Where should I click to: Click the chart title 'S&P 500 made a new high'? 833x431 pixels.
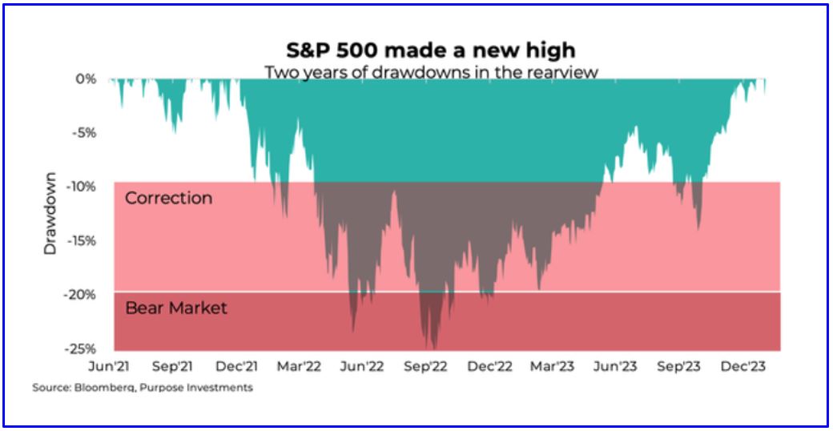point(431,50)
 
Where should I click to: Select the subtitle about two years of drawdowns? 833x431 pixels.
point(431,72)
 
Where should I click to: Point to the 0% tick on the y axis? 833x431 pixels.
point(86,79)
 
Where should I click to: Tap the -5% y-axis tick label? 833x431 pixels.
point(82,133)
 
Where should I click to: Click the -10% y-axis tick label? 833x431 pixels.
point(80,187)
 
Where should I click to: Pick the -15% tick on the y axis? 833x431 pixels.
point(80,241)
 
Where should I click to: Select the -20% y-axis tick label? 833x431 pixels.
point(80,295)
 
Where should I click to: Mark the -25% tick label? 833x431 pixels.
point(80,349)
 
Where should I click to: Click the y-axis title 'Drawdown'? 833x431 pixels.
point(50,213)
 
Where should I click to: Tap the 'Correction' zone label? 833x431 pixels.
point(169,198)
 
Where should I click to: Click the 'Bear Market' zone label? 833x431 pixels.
point(176,308)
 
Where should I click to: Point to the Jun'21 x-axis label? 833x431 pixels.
point(110,367)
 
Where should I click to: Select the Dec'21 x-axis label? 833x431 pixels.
point(237,367)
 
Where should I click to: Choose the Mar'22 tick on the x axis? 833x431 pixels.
point(300,367)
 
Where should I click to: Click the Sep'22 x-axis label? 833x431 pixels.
point(426,367)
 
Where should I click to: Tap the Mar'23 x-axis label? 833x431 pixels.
point(553,367)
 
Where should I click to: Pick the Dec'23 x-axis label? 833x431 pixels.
point(743,367)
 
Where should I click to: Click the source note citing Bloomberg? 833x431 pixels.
point(143,388)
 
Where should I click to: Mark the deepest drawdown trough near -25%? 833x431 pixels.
point(433,347)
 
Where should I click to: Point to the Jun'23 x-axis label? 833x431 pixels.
point(616,367)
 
